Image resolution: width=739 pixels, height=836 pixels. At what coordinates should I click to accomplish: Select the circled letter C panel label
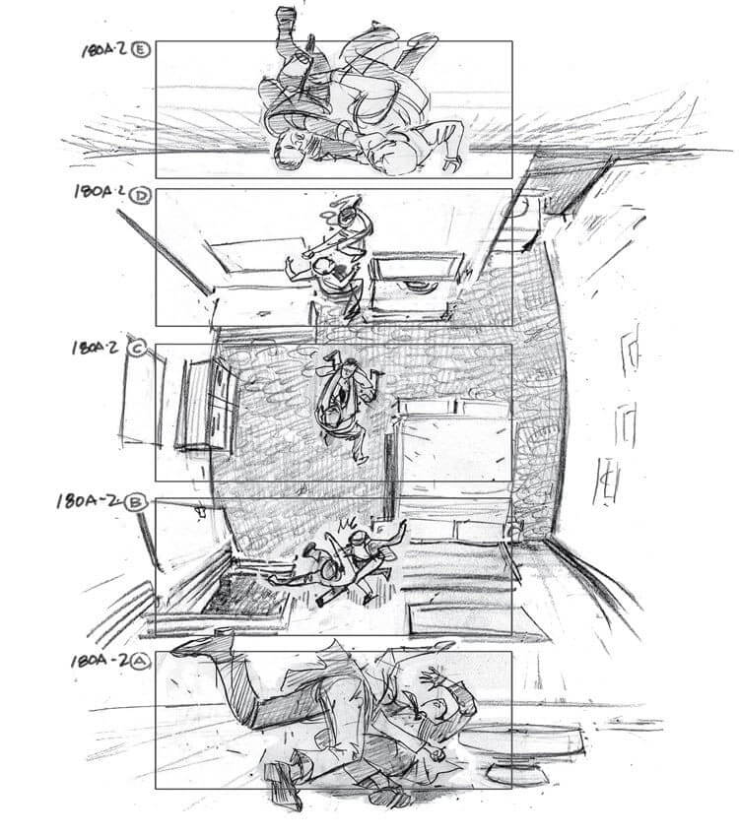point(138,348)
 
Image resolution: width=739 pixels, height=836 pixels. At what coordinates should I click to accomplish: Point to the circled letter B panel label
point(138,502)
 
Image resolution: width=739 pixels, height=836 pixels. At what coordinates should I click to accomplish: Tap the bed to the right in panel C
point(453,443)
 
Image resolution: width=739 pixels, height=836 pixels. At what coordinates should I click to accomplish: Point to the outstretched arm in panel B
point(394,532)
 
